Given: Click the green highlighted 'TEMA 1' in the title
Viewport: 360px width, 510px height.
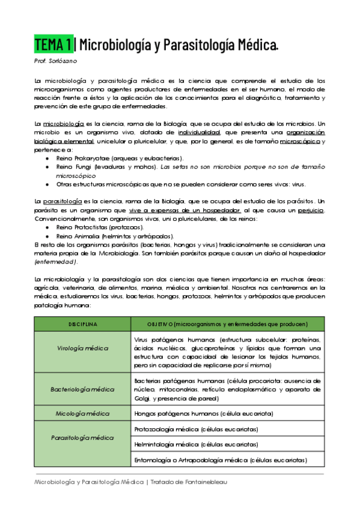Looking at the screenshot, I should point(54,44).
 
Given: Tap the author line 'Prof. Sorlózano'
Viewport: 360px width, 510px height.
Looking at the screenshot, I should point(55,61).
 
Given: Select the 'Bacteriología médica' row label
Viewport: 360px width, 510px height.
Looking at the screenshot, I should point(82,389).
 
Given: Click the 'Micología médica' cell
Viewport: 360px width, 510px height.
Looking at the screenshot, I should point(82,413).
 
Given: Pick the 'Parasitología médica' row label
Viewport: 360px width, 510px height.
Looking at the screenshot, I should point(82,438).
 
